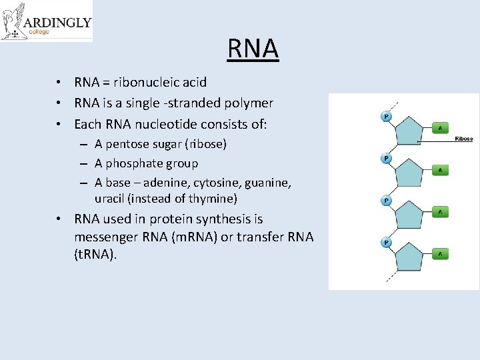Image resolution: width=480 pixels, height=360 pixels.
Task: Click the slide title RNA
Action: pos(253,49)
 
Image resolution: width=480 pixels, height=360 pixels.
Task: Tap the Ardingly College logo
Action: pos(46,21)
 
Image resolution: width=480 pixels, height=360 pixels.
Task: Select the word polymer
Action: pos(249,103)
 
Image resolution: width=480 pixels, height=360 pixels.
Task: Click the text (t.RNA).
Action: pos(95,255)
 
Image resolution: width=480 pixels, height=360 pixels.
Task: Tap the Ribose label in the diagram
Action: pos(463,139)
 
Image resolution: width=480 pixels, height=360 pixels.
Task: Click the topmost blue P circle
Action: pos(386,117)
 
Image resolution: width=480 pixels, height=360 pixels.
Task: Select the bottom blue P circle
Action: pos(386,242)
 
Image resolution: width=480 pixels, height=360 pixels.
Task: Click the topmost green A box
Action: pos(440,127)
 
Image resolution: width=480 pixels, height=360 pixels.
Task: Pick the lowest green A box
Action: pos(440,254)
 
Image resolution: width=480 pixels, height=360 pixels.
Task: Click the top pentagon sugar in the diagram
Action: pos(413,131)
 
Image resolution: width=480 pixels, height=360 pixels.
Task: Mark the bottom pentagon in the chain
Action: pos(413,257)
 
